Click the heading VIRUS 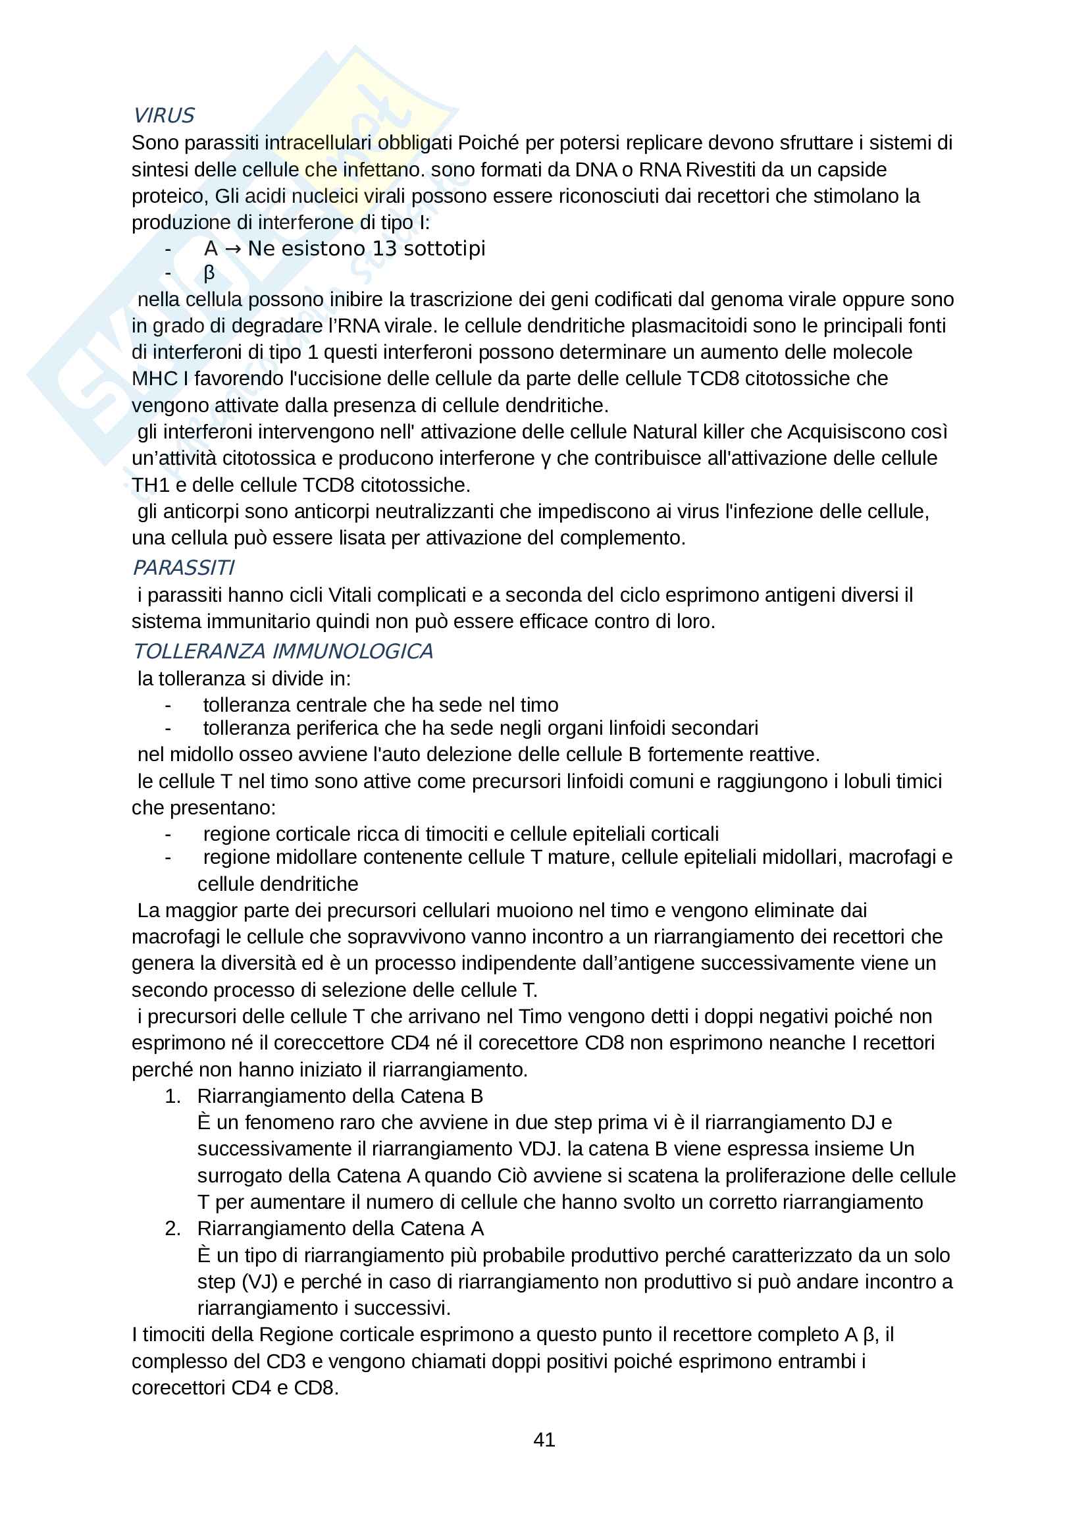point(164,116)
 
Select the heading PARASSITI point(183,568)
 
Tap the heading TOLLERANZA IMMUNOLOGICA point(283,651)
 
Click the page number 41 point(544,1439)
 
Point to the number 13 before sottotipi point(384,249)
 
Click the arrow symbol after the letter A point(232,249)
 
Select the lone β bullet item point(209,273)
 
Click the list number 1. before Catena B point(172,1096)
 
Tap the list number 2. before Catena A point(172,1228)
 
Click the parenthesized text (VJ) point(259,1281)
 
